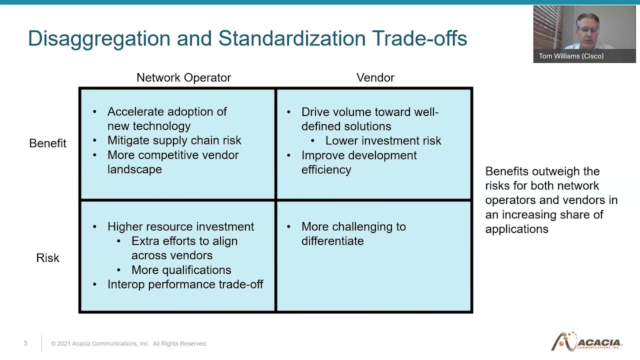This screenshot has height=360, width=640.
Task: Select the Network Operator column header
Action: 183,77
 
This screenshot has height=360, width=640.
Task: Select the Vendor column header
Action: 375,77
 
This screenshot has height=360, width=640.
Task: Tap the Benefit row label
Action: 47,143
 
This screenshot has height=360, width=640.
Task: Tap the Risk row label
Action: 47,258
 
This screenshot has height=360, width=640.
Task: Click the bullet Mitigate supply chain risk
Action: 174,140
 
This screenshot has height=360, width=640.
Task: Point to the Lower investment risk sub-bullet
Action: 383,141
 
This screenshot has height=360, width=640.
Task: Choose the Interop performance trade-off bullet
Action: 185,284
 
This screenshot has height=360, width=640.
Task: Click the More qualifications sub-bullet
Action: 181,270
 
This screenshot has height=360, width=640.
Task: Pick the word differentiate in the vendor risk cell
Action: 332,241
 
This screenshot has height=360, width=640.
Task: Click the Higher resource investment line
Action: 180,226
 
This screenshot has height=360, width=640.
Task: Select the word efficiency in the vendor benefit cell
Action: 326,170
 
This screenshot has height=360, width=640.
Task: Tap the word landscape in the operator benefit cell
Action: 134,169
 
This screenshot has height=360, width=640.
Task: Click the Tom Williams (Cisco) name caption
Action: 571,56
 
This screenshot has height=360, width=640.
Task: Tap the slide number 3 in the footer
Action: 25,343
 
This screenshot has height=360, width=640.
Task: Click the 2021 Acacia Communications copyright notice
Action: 128,343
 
